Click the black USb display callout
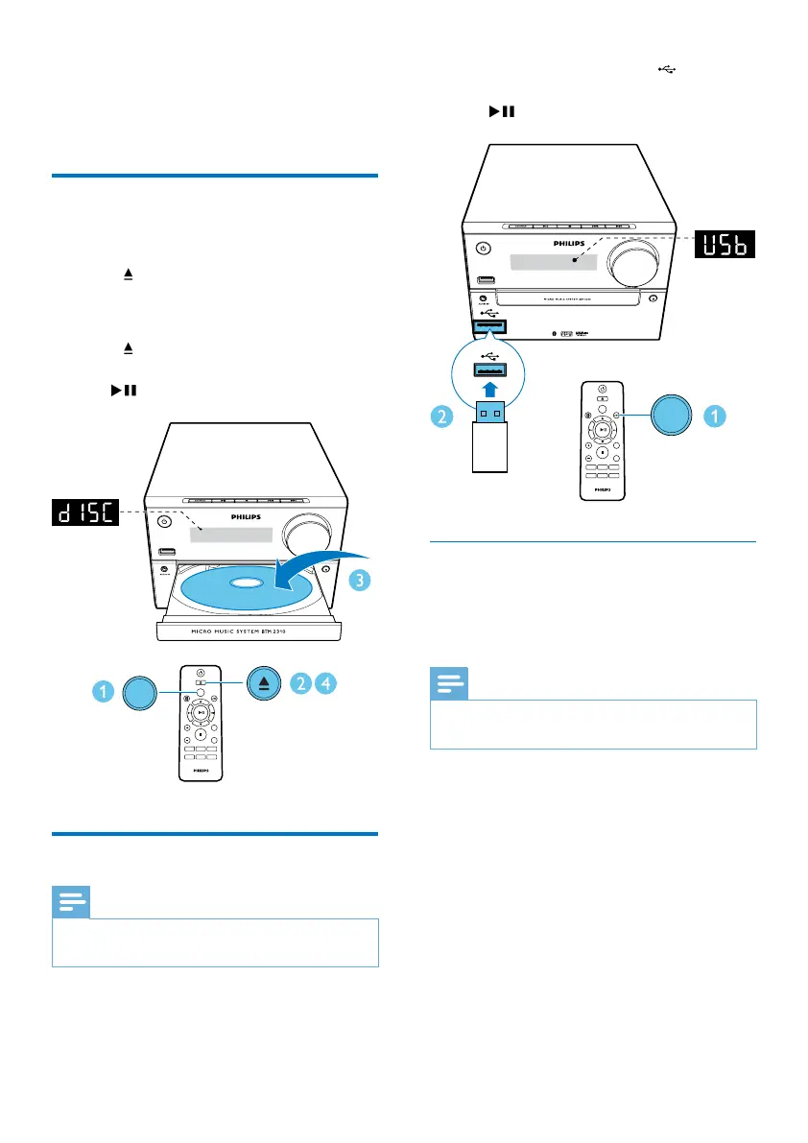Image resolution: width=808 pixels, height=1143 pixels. (725, 246)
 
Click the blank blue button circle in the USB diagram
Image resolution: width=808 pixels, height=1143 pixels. (678, 417)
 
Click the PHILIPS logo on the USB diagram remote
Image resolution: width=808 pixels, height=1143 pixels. (600, 488)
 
